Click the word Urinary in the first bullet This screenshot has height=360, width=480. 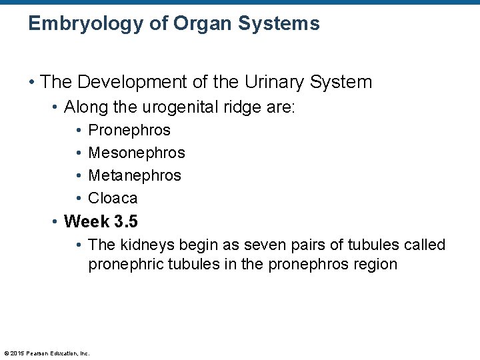273,82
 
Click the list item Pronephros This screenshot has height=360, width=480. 129,130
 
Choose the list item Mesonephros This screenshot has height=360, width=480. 137,153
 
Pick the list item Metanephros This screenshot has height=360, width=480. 135,175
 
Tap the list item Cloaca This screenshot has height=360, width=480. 113,198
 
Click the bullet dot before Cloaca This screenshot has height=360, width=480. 79,198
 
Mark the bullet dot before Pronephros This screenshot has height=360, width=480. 79,130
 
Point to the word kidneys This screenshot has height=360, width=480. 141,245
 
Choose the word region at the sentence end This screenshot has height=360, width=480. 375,264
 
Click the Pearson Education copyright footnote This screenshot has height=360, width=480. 47,353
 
